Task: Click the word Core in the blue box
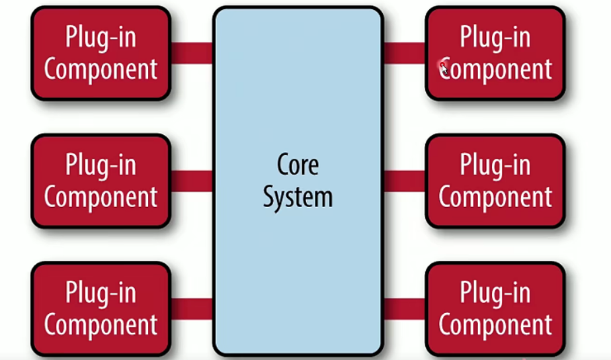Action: (x=298, y=165)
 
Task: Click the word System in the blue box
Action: (x=298, y=197)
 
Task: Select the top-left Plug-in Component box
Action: (x=101, y=53)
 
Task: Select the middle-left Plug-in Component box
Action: (x=101, y=181)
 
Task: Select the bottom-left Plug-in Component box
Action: (x=101, y=308)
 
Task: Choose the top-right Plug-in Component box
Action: (x=495, y=53)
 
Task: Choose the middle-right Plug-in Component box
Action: (x=495, y=181)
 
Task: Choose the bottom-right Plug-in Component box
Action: (x=495, y=308)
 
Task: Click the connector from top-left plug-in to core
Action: (x=192, y=53)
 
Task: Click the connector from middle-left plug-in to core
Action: (x=192, y=181)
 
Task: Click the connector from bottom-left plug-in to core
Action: (x=192, y=308)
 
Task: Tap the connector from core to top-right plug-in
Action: (x=404, y=53)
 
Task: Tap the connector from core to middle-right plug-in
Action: (x=404, y=181)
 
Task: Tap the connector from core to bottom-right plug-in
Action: (x=404, y=308)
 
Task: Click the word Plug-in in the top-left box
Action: (x=101, y=37)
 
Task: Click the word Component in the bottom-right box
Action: (x=495, y=325)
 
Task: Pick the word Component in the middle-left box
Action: (x=101, y=197)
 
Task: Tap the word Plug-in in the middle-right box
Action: (x=495, y=165)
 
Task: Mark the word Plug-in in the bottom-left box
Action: (x=101, y=292)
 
